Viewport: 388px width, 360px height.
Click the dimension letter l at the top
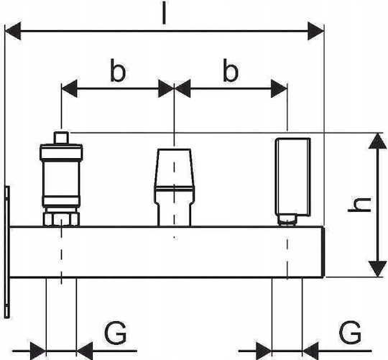[x=164, y=13]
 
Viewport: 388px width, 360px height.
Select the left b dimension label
[x=118, y=70]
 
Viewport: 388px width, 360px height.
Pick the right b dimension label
[x=231, y=70]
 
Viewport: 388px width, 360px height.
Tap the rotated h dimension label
[x=359, y=205]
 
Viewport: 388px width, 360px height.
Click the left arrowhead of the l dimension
[x=13, y=31]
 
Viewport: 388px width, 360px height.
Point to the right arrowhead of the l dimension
[x=315, y=31]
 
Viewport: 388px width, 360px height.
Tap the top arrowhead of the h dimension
[x=377, y=141]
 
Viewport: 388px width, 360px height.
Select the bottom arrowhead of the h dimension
[x=377, y=269]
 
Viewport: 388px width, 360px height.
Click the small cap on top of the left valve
[x=61, y=138]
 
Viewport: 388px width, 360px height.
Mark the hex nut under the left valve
[x=61, y=219]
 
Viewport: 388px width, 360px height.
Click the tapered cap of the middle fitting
[x=175, y=167]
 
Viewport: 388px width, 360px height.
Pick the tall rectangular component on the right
[x=293, y=177]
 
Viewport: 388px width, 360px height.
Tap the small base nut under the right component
[x=287, y=220]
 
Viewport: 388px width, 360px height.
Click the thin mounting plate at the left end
[x=7, y=251]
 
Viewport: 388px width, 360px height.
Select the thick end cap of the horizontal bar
[x=323, y=252]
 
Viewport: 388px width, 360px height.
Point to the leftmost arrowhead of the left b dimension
[x=69, y=88]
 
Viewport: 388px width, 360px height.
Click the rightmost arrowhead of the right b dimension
[x=279, y=88]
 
